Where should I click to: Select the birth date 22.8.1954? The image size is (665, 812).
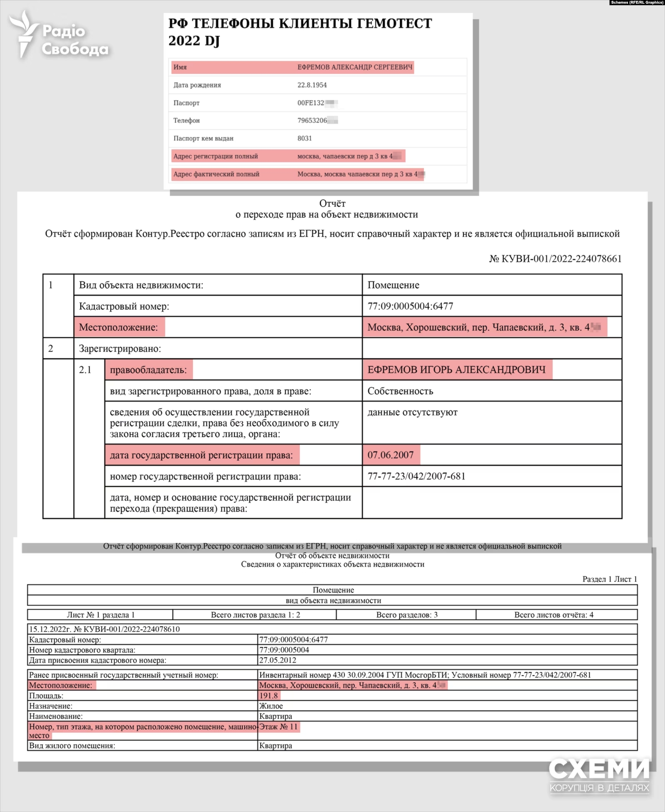pos(312,85)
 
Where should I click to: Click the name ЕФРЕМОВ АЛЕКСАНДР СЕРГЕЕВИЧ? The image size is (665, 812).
pos(355,67)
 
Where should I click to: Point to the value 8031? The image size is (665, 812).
pos(304,139)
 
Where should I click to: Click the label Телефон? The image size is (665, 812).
pos(187,121)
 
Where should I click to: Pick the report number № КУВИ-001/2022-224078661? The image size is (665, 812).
pos(555,259)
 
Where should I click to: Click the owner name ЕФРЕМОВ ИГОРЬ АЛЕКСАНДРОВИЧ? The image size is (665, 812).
pos(456,370)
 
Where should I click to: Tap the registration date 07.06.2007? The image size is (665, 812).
pos(390,455)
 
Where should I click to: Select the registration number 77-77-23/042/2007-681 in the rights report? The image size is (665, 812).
pos(416,476)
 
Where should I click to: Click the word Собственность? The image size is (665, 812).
pos(400,391)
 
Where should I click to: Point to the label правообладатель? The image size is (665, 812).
pos(148,370)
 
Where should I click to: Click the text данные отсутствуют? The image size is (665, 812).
pos(412,413)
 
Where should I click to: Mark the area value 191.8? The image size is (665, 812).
pos(269,696)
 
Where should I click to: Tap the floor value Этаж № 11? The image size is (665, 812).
pos(279,727)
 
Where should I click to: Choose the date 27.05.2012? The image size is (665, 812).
pos(278,660)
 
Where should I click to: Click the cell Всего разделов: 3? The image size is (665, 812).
pos(407,615)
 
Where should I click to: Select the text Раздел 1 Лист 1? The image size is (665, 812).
pos(610,579)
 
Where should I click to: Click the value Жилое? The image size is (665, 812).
pos(271,706)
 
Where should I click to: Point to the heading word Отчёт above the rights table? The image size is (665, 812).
pos(332,204)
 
